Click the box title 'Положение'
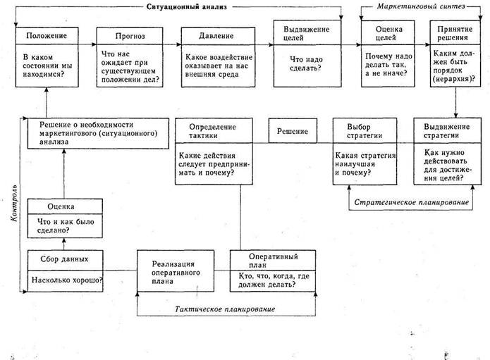tap(47, 35)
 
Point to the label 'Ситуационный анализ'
tap(209, 5)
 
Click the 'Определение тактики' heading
tap(212, 130)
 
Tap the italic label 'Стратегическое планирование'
tap(410, 203)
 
